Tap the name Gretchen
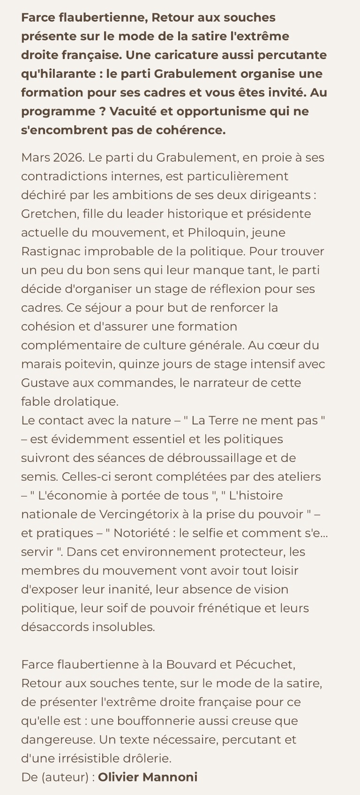click(49, 214)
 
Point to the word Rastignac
click(51, 251)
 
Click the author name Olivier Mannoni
click(148, 777)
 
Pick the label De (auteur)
click(56, 777)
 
